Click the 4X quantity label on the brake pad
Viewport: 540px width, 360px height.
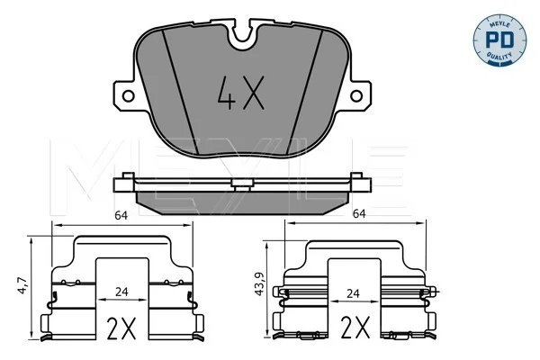click(x=241, y=93)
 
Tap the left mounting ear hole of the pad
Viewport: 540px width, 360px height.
click(x=128, y=95)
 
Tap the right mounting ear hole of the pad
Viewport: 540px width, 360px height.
click(x=356, y=95)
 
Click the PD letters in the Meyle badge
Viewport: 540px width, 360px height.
click(x=499, y=40)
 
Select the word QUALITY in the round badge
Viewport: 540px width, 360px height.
click(x=499, y=57)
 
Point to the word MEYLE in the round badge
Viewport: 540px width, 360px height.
click(x=499, y=22)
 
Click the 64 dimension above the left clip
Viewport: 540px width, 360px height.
click(x=121, y=216)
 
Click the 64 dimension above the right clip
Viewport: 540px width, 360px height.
click(x=359, y=214)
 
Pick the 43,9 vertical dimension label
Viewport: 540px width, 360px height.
click(x=259, y=283)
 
